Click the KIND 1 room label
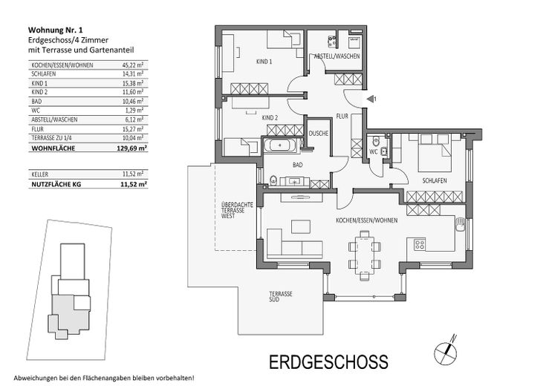(264, 62)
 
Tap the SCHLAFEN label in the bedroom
(435, 180)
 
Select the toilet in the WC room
(376, 142)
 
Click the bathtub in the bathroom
(281, 145)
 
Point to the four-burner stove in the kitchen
(419, 244)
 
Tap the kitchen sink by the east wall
(461, 224)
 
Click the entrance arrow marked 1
(371, 99)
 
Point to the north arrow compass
(446, 350)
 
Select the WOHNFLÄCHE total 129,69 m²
(131, 148)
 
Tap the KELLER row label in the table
(39, 174)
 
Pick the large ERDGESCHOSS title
(328, 362)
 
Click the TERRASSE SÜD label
(280, 296)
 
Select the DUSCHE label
(319, 134)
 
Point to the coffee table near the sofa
(301, 226)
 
